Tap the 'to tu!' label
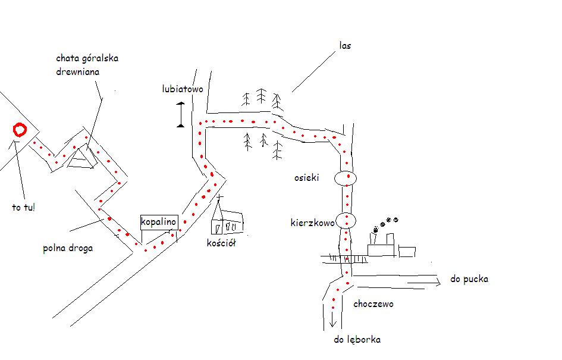pyautogui.click(x=24, y=207)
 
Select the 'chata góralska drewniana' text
pyautogui.click(x=87, y=65)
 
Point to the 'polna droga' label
pyautogui.click(x=68, y=248)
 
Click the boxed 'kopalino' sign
pyautogui.click(x=159, y=222)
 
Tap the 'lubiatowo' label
pyautogui.click(x=183, y=89)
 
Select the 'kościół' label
pyautogui.click(x=221, y=243)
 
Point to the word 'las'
pyautogui.click(x=345, y=46)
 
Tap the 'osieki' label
pyautogui.click(x=306, y=177)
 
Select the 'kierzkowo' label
pyautogui.click(x=313, y=223)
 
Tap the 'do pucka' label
pyautogui.click(x=469, y=279)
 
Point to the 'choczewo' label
pyautogui.click(x=373, y=304)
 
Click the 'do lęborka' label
pyautogui.click(x=357, y=340)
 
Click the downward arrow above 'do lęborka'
pyautogui.click(x=333, y=319)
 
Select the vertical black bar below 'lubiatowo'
pyautogui.click(x=181, y=114)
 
